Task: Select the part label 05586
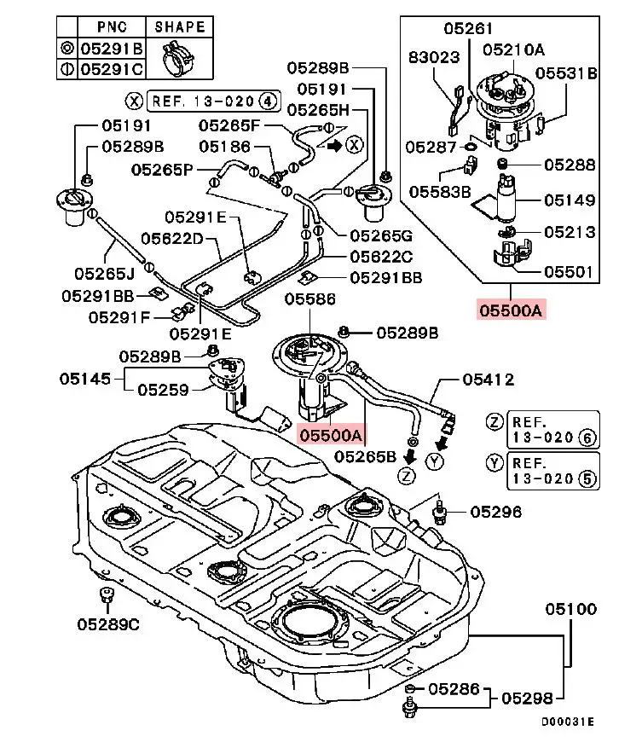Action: pyautogui.click(x=310, y=299)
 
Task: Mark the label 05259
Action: pyautogui.click(x=164, y=390)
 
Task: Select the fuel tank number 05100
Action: pyautogui.click(x=571, y=609)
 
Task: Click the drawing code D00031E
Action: pyautogui.click(x=567, y=722)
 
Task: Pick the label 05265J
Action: pyautogui.click(x=103, y=274)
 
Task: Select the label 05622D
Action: pyautogui.click(x=171, y=239)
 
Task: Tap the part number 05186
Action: pyautogui.click(x=225, y=148)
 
